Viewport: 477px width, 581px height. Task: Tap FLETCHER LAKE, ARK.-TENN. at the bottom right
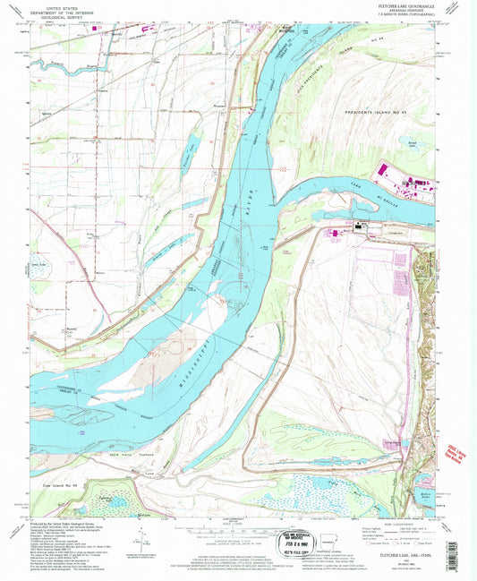398,557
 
